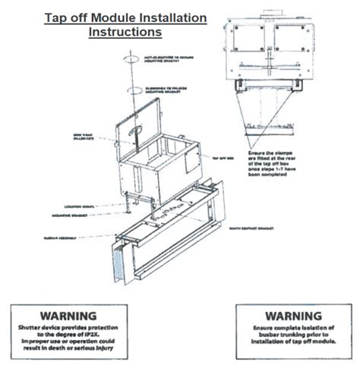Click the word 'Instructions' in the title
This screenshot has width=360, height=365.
pos(125,33)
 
